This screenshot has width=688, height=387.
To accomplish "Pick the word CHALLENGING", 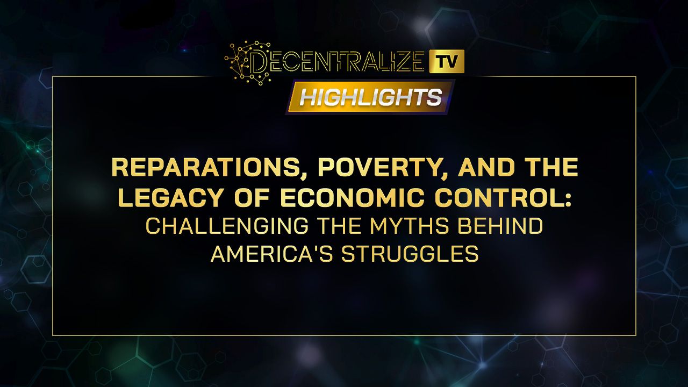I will pyautogui.click(x=227, y=226).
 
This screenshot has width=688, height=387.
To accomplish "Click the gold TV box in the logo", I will pyautogui.click(x=447, y=61).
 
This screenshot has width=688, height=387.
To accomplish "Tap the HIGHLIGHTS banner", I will pyautogui.click(x=370, y=97).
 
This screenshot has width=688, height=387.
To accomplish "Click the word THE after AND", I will pyautogui.click(x=546, y=168).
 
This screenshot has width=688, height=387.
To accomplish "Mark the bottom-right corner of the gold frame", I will pyautogui.click(x=636, y=335).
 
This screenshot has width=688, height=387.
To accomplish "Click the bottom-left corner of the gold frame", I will pyautogui.click(x=53, y=335).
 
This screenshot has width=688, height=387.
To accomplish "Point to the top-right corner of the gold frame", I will pyautogui.click(x=636, y=76).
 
